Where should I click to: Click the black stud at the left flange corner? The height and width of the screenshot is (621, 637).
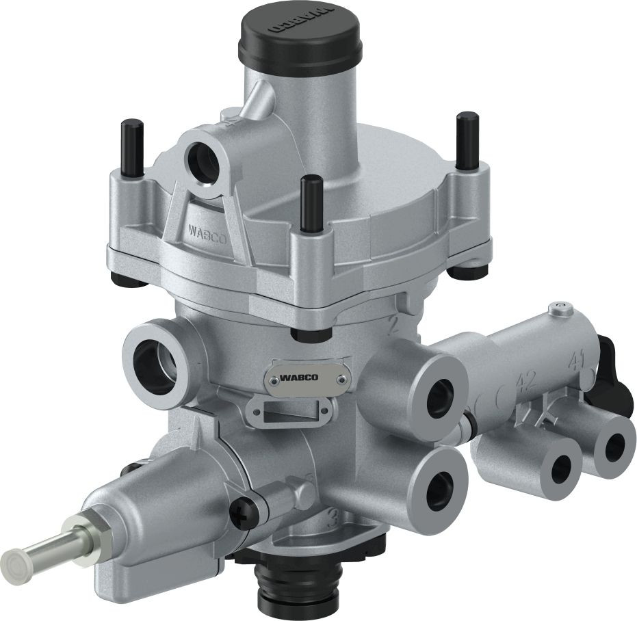131,147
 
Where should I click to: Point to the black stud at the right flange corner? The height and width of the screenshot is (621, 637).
468,140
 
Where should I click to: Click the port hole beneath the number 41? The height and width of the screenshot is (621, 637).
614,447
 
